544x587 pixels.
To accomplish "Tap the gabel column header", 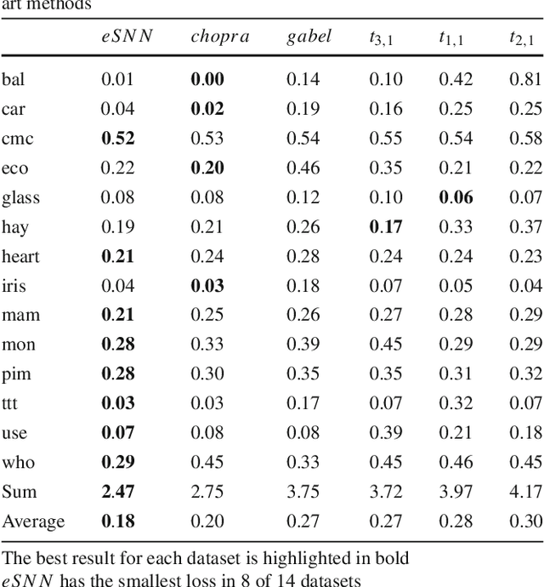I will (309, 37).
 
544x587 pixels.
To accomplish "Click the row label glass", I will (20, 197).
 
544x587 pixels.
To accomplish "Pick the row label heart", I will (20, 256).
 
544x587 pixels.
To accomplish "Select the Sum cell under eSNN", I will (117, 492).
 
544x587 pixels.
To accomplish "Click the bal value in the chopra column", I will (207, 80).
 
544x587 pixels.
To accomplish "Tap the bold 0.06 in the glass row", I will (455, 197).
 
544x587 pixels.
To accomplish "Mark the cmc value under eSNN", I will (117, 139).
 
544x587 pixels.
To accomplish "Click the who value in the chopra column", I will (207, 462).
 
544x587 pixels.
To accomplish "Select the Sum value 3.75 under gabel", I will (302, 492).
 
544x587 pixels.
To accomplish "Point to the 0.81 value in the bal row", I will (525, 80).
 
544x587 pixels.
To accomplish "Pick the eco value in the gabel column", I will (302, 168).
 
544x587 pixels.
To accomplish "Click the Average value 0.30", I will (525, 521).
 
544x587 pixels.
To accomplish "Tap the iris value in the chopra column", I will (207, 286).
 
